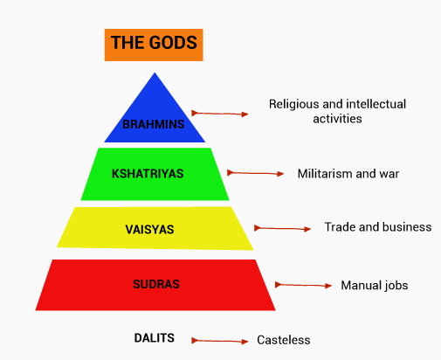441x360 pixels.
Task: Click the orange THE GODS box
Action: click(x=154, y=45)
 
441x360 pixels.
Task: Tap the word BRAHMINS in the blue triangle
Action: click(x=154, y=124)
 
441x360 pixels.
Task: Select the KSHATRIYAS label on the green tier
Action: click(x=148, y=174)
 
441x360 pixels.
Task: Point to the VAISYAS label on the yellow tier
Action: click(x=149, y=230)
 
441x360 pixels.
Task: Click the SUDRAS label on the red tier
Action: click(x=156, y=284)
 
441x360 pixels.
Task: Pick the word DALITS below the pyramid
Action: click(x=155, y=338)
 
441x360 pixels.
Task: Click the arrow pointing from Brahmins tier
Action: click(x=220, y=114)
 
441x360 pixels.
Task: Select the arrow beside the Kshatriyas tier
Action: click(x=255, y=173)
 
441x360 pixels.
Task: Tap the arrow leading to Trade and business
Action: click(x=282, y=229)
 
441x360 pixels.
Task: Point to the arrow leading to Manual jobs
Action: click(x=303, y=285)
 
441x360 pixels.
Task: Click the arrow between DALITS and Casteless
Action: click(x=220, y=341)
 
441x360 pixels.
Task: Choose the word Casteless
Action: click(x=284, y=340)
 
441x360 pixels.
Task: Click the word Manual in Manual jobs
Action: click(x=359, y=285)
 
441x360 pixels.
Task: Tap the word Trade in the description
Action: click(x=339, y=227)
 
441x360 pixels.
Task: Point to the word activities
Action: click(x=337, y=119)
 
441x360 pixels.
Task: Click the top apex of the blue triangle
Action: click(x=155, y=73)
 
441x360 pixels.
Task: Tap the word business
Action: click(x=407, y=227)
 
